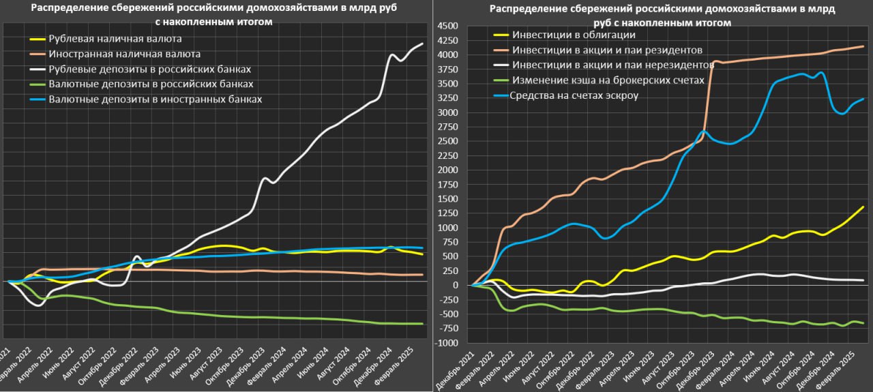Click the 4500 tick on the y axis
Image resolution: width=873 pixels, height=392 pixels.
point(448,26)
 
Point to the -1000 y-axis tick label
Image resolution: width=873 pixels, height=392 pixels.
point(447,343)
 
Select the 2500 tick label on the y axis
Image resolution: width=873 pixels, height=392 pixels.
point(448,141)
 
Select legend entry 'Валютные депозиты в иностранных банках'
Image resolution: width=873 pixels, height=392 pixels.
point(155,100)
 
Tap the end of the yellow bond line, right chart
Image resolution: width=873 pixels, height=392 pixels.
point(863,207)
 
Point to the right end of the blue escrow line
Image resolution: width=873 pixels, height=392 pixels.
point(863,99)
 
